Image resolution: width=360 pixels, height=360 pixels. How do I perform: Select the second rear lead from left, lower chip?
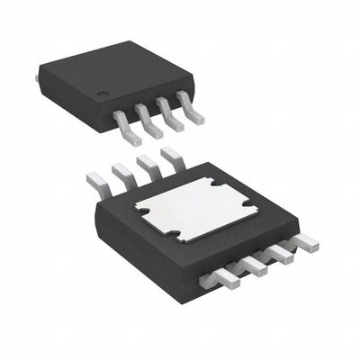(x=120, y=174)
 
